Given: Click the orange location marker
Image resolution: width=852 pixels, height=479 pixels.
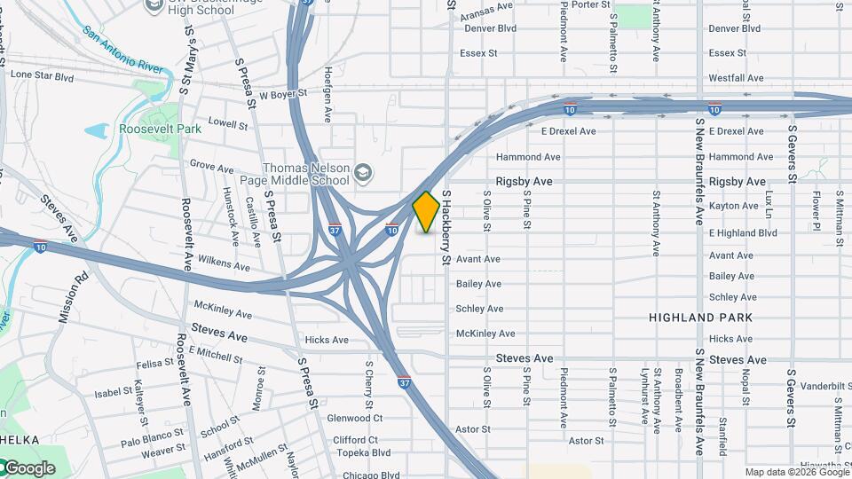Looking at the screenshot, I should (426, 212).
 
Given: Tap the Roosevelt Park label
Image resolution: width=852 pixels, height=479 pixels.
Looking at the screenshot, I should (161, 129).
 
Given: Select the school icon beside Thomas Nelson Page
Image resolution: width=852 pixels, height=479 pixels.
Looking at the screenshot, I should (362, 172).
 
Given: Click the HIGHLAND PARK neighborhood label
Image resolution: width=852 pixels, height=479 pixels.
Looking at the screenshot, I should (700, 318).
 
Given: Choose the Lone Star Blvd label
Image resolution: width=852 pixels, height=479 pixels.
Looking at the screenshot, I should (42, 76).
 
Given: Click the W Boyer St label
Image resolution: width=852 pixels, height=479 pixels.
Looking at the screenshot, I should (282, 93).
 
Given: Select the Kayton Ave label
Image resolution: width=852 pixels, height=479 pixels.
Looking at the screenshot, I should (733, 206).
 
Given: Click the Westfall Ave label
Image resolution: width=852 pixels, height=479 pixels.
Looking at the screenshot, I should (736, 78).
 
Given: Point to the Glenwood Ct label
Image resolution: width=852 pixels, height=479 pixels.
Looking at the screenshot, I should (354, 418).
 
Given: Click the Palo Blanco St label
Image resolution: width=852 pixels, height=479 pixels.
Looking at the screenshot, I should (152, 436).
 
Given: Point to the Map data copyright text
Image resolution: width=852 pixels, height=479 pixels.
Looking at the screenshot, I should (798, 472).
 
